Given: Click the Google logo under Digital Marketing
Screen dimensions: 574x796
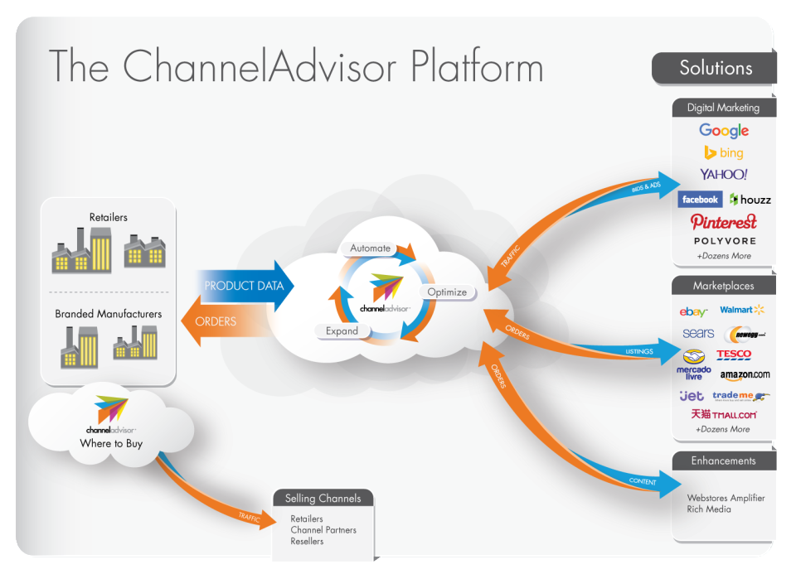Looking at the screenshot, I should tap(723, 131).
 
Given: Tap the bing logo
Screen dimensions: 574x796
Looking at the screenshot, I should tap(723, 152).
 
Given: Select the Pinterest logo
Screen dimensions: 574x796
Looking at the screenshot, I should tap(723, 222).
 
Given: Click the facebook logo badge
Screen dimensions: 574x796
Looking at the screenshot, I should tap(700, 200).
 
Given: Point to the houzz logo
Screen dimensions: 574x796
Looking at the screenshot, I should tap(750, 200).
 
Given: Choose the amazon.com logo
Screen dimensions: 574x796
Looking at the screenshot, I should tap(745, 374).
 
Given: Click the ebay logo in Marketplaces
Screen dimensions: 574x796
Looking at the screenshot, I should tap(693, 311).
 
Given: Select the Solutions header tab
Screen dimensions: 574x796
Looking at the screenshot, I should tap(715, 68).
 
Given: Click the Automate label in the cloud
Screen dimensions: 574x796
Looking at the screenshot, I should tap(370, 248).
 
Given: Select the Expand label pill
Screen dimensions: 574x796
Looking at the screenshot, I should tap(342, 330).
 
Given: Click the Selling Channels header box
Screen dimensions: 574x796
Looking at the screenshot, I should tap(323, 499).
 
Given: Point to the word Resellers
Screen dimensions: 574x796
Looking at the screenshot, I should tap(307, 541).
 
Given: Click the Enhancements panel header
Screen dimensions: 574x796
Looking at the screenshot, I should tap(724, 461).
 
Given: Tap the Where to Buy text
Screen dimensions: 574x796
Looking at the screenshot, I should tap(111, 444).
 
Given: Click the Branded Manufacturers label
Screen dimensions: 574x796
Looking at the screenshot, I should tap(109, 314).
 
